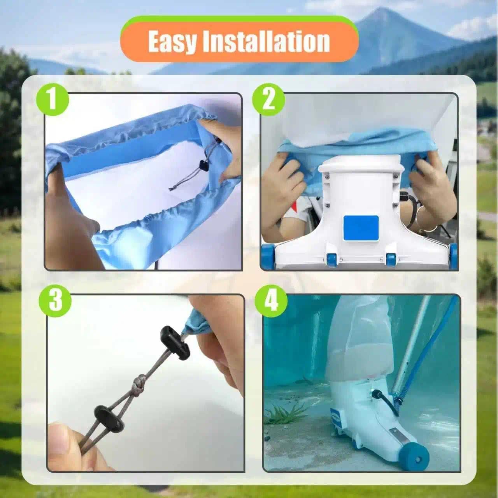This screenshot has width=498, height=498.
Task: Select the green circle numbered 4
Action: pos(271,301)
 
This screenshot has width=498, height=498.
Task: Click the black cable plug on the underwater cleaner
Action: pos(376,395)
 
